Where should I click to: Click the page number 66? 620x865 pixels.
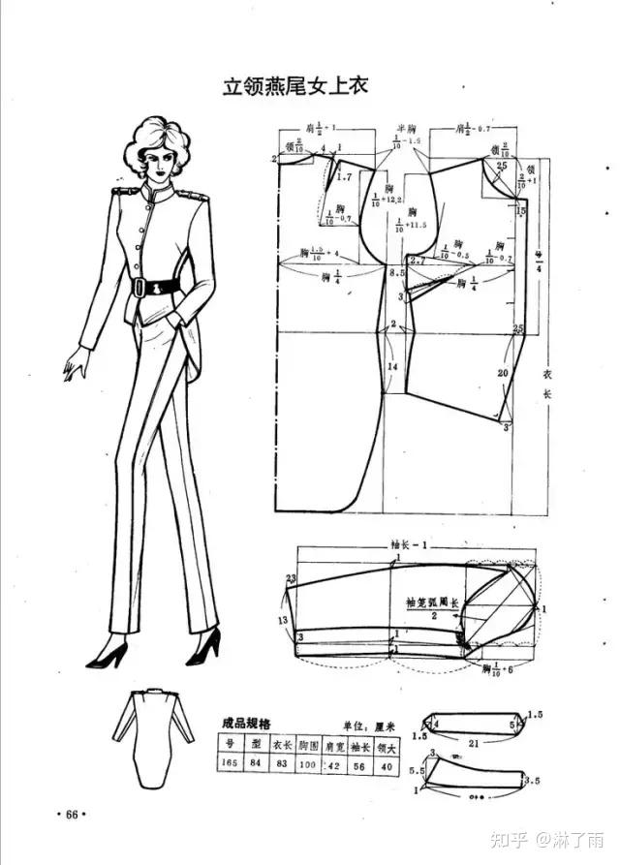click(x=72, y=813)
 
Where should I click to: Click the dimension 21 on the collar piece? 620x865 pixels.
click(x=472, y=743)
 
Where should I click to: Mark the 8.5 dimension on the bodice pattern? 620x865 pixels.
click(x=396, y=275)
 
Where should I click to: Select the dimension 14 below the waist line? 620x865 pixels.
click(x=392, y=368)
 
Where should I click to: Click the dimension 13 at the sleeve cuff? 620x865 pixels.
click(x=284, y=619)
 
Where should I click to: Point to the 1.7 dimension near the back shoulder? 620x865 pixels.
click(x=345, y=176)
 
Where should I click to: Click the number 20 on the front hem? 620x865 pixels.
click(x=503, y=372)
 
